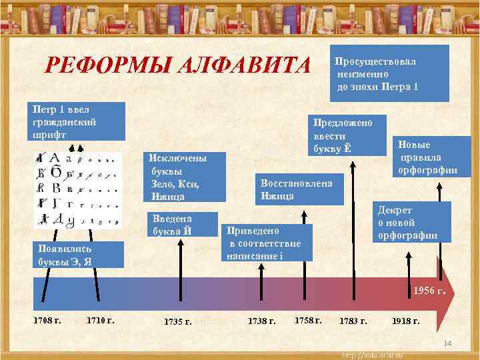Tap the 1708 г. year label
coord(47,321)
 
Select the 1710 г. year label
coord(101,321)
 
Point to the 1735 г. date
coord(178,322)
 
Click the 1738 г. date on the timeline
coord(261,321)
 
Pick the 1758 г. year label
coord(308,320)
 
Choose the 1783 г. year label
coord(353,321)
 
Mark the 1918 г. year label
coord(406,321)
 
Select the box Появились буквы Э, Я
coord(70,253)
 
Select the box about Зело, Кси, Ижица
coord(185,177)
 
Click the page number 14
coord(448,343)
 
